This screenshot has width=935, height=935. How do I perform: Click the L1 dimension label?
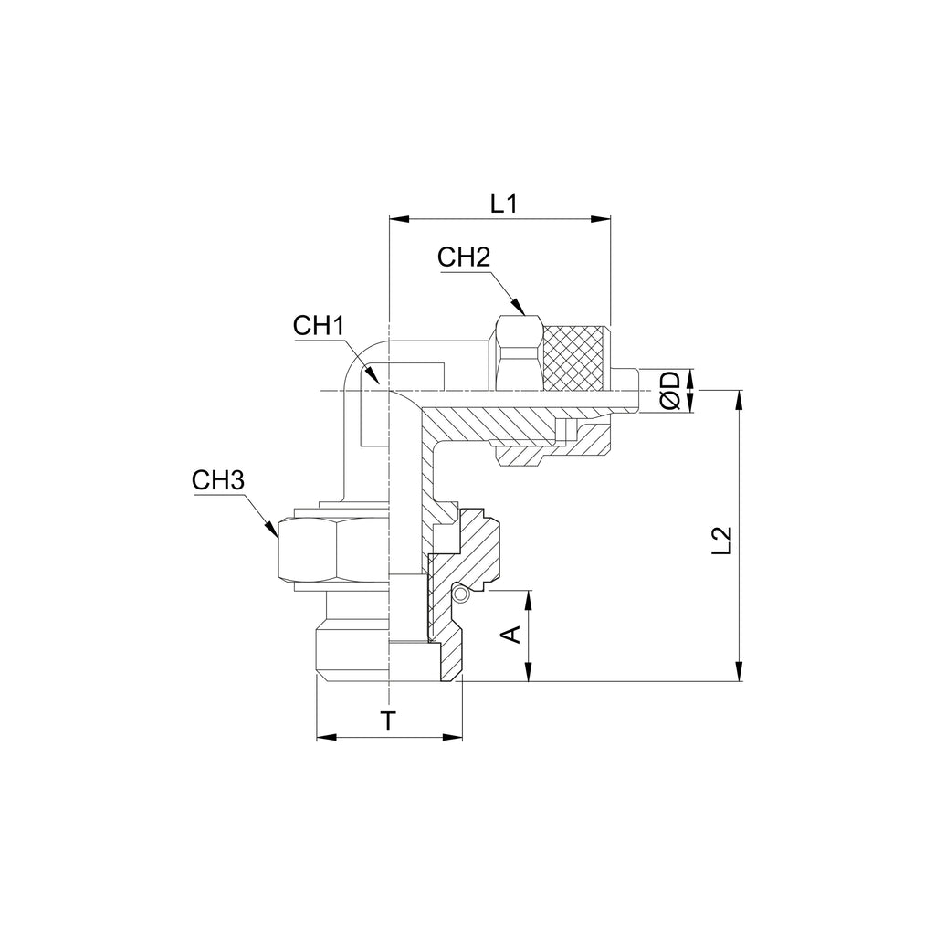click(504, 205)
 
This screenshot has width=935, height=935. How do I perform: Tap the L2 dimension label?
click(721, 541)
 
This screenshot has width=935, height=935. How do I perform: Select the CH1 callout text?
click(319, 326)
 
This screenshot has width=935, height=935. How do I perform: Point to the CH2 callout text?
click(463, 257)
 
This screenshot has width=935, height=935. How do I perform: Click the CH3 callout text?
click(218, 480)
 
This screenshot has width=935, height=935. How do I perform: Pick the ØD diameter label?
click(670, 391)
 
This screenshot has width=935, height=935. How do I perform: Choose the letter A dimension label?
click(511, 635)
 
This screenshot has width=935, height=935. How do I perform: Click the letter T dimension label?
click(389, 721)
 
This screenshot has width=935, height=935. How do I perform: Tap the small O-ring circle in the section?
click(460, 594)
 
